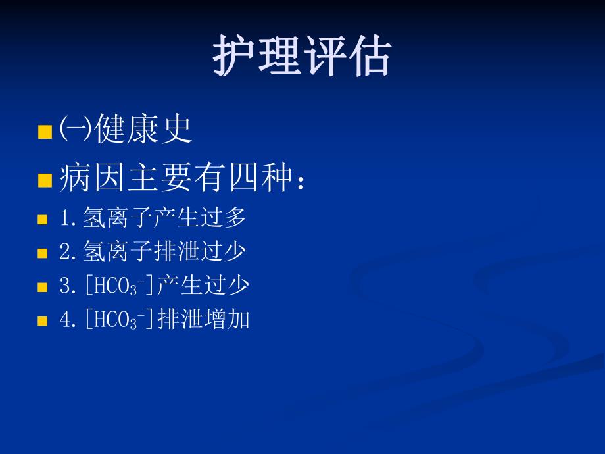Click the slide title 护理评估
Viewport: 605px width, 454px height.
coord(302,57)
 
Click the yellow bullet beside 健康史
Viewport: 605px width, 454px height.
coord(45,132)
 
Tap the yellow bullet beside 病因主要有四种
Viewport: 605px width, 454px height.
coord(45,181)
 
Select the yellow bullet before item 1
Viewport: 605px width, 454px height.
coord(43,220)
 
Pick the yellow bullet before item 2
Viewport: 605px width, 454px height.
coord(43,253)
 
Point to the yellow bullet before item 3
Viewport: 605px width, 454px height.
coord(43,288)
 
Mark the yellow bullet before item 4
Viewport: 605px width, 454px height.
coord(43,321)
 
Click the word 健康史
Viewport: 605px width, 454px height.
coord(144,129)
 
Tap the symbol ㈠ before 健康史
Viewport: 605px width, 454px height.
coord(76,130)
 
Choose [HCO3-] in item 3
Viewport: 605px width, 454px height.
coord(118,286)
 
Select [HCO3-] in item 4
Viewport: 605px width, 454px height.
coord(118,320)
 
